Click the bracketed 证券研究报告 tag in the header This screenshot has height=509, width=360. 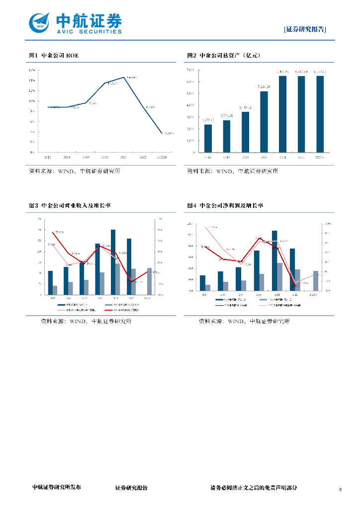(x=305, y=29)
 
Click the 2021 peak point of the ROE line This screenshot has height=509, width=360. (x=124, y=77)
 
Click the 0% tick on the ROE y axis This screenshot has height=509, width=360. (x=31, y=152)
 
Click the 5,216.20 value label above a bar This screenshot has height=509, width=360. (x=264, y=87)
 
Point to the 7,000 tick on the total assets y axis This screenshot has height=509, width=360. (x=190, y=70)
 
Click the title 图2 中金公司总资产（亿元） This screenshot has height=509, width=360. (x=224, y=55)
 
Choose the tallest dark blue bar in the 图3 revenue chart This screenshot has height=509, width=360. (x=113, y=262)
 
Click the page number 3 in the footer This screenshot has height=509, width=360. (x=340, y=490)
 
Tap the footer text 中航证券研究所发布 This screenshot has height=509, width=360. (x=56, y=488)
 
